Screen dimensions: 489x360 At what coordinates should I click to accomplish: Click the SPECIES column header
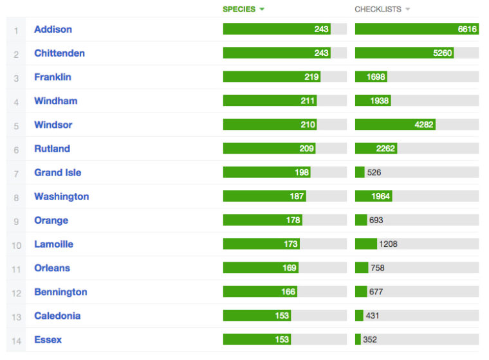[x=239, y=10]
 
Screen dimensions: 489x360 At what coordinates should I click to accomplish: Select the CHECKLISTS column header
[x=378, y=10]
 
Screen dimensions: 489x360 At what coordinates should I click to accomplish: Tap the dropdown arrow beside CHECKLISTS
[x=407, y=10]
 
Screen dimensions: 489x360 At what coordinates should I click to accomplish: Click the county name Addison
[x=53, y=30]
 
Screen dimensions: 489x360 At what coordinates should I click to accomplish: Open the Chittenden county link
[x=60, y=53]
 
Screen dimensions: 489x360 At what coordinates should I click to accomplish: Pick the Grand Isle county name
[x=58, y=173]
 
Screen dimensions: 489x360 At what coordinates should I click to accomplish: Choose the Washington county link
[x=62, y=197]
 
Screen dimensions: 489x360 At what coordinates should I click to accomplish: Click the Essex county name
[x=48, y=339]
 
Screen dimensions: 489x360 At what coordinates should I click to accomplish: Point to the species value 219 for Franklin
[x=311, y=77]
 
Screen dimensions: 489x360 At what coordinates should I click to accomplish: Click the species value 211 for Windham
[x=308, y=101]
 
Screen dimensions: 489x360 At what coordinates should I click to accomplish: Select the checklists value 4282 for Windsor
[x=424, y=125]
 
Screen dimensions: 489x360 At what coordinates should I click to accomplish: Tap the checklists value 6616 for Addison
[x=467, y=30]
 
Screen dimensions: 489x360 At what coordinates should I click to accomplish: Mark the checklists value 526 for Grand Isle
[x=374, y=172]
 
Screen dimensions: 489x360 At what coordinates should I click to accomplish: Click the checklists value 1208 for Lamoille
[x=388, y=244]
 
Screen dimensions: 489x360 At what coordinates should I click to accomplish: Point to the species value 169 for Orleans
[x=290, y=267]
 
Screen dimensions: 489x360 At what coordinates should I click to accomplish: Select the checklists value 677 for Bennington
[x=376, y=292]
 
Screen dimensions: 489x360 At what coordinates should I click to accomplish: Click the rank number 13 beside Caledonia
[x=16, y=318]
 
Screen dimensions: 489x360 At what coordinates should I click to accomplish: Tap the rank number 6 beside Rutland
[x=16, y=150]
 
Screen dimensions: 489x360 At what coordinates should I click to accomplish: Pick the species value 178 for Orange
[x=293, y=220]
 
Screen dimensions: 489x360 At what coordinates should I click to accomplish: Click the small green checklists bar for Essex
[x=358, y=339]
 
